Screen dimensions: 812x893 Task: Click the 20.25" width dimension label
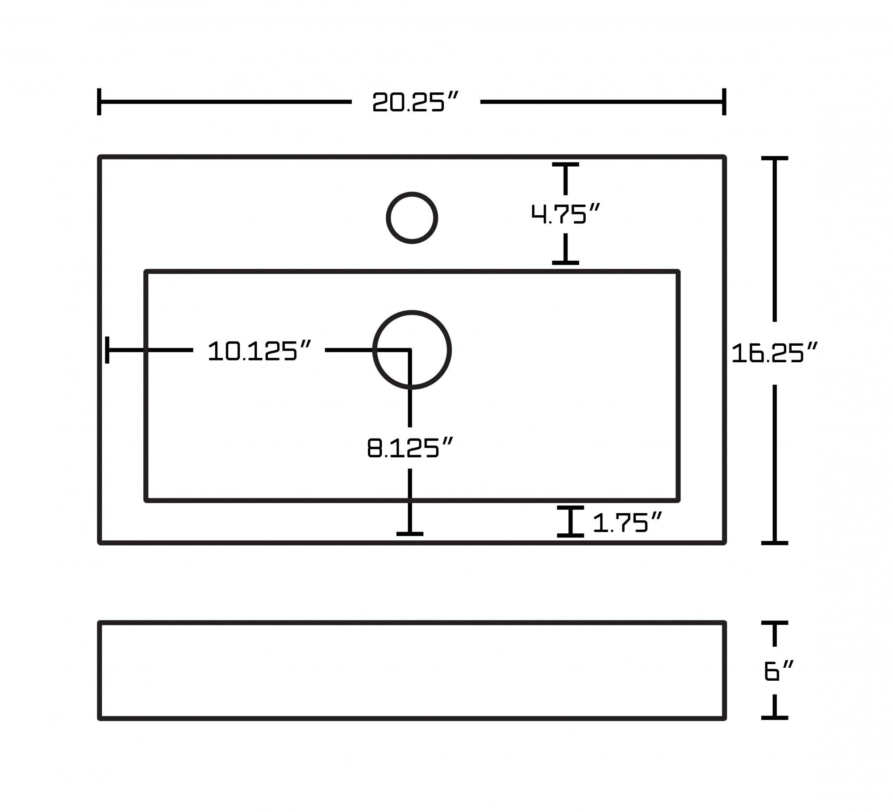coord(415,102)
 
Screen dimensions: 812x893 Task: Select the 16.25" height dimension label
coord(774,353)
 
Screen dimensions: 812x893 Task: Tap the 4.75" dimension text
coord(565,214)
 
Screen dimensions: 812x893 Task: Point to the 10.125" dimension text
coord(259,351)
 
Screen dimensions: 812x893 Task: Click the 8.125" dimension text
coord(410,448)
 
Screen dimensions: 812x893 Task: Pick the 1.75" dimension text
coord(626,522)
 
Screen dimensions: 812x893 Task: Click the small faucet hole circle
coord(412,218)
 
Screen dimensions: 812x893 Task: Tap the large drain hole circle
coord(412,350)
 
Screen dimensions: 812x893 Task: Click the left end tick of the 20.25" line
coord(99,102)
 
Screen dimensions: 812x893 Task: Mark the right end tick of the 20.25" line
coord(724,102)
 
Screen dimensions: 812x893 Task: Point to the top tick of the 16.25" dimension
coord(774,158)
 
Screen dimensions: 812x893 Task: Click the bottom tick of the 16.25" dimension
coord(774,543)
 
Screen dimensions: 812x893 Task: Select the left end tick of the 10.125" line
coord(107,350)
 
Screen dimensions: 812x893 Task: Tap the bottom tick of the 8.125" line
coord(410,533)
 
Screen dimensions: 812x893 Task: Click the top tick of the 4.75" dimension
coord(565,165)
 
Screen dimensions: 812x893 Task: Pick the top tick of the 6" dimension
coord(774,623)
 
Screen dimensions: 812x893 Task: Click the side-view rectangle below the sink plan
coord(412,670)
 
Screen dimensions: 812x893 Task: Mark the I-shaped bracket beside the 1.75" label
coord(570,521)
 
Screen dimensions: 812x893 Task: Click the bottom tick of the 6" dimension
coord(774,717)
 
